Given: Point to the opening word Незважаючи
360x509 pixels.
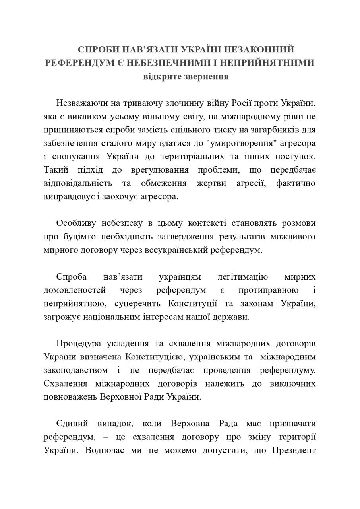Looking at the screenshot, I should coord(82,103).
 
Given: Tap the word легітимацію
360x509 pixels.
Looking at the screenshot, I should coord(243,277).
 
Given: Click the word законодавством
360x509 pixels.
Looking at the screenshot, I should coord(75,370).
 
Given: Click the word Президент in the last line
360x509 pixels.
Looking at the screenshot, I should coord(294,450).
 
